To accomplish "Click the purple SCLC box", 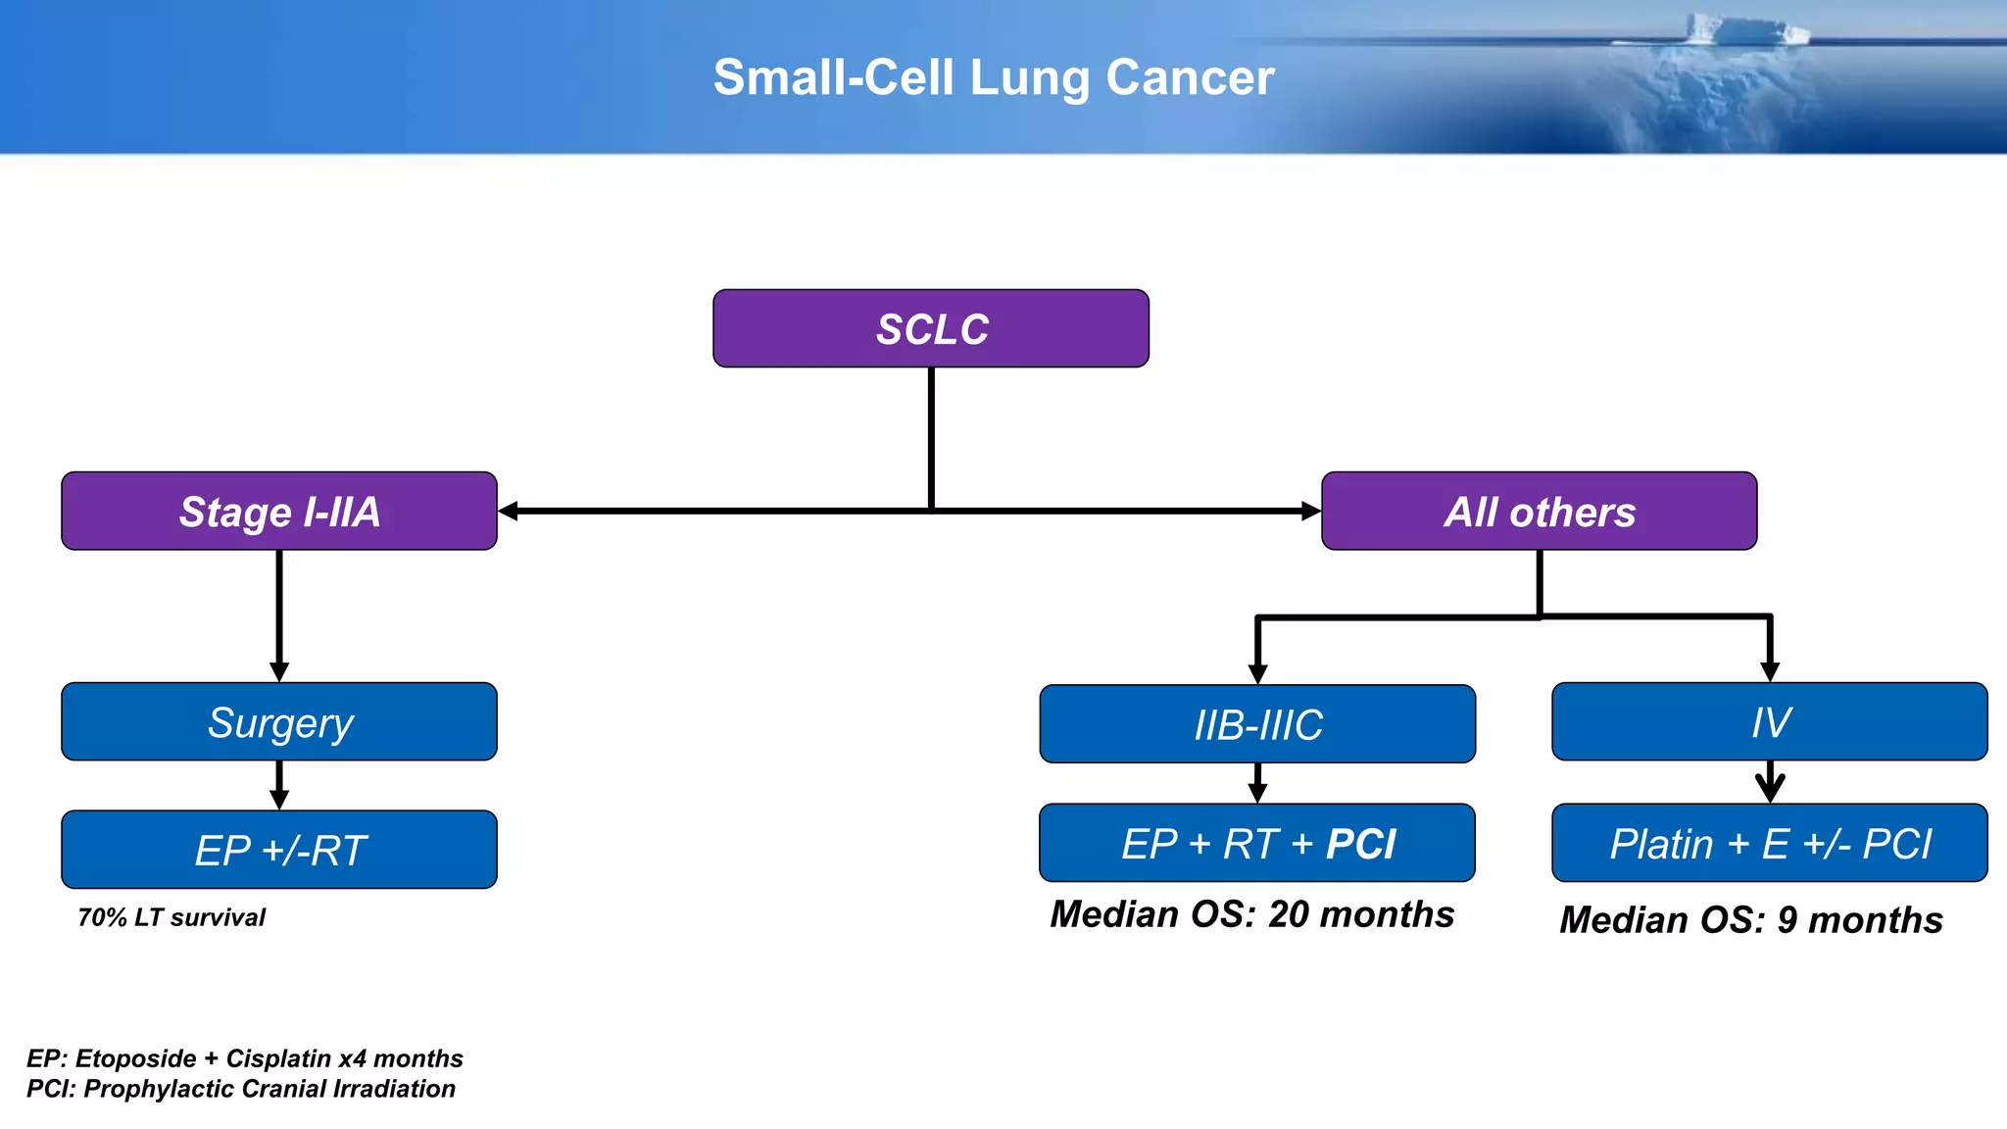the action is coord(930,328).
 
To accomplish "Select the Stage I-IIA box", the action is coord(279,512).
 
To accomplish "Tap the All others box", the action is coord(1539,512).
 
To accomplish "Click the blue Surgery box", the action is coord(279,722).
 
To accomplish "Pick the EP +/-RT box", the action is coord(279,850).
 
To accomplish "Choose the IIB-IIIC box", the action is coord(1257,724).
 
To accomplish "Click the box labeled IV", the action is coord(1770,722).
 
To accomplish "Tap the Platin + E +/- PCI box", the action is coord(1770,844).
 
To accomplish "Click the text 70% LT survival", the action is coord(171,918).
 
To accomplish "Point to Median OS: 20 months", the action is coord(1251,914).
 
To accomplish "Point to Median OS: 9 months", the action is coord(1750,920).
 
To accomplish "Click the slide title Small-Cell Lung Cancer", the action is coord(993,77).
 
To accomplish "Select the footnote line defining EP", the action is coord(244,1058).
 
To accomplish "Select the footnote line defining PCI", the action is coord(240,1089).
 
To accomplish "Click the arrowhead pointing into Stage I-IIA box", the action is coord(509,511).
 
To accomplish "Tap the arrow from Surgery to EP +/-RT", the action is coord(279,785).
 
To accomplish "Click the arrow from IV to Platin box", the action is coord(1770,783).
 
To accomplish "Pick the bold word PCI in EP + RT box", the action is coord(1360,844).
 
